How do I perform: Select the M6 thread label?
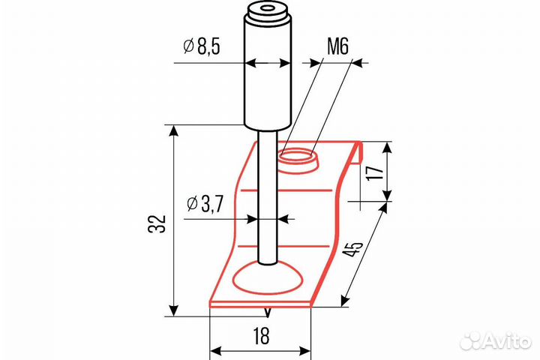(338, 49)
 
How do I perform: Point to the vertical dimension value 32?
(155, 223)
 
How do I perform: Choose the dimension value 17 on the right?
(376, 171)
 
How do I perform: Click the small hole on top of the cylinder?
(267, 10)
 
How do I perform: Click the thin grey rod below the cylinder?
(266, 195)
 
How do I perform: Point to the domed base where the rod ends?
(268, 279)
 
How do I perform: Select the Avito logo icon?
(469, 341)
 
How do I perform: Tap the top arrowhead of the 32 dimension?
(174, 132)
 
